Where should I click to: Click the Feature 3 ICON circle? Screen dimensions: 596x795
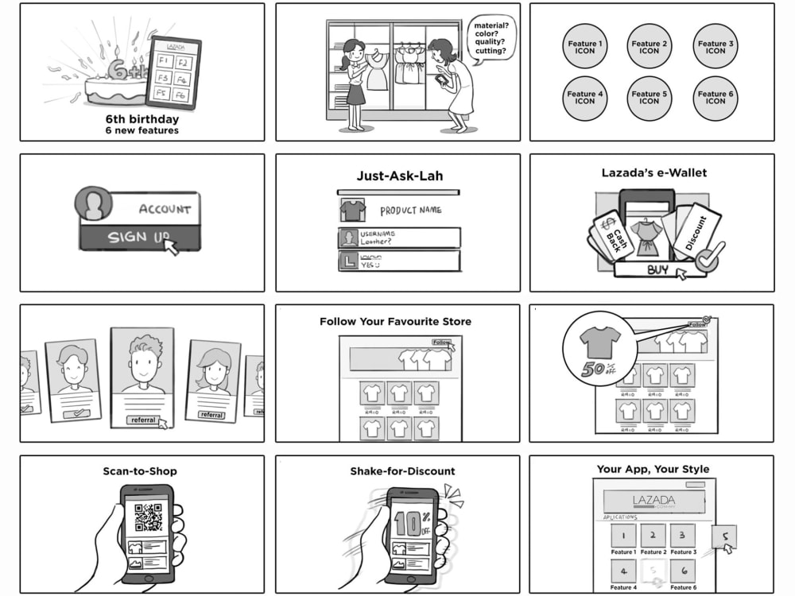coord(715,47)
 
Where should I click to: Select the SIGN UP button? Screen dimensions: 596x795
coord(139,237)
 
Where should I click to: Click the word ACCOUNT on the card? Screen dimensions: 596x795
coord(165,209)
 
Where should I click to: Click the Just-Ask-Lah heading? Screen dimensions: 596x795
coord(398,176)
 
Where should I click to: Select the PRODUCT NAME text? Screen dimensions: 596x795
coord(410,211)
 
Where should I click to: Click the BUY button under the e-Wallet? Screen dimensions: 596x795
coord(657,270)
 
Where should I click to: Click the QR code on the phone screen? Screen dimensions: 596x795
coord(148,517)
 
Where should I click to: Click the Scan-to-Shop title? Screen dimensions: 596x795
coord(140,471)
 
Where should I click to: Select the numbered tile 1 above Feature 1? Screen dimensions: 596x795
coord(623,535)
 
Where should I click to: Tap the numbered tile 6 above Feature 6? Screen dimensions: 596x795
coord(682,571)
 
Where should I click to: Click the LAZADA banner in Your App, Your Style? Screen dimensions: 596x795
coord(653,501)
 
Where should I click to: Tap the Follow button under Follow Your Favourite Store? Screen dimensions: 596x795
coord(440,343)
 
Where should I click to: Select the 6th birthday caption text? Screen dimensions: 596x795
coord(142,120)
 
